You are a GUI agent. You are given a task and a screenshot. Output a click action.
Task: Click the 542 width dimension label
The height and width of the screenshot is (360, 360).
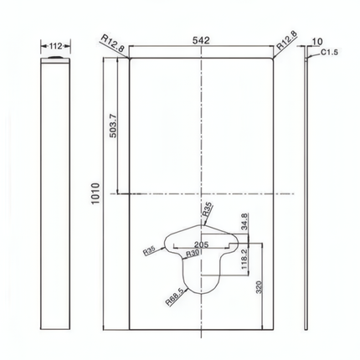(x=201, y=40)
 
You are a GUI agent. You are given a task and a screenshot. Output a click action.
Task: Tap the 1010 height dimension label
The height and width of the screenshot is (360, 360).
(x=95, y=193)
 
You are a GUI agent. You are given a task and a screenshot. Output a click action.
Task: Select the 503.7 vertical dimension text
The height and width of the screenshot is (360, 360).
(x=113, y=126)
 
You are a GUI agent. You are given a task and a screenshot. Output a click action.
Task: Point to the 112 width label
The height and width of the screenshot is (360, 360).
(x=55, y=46)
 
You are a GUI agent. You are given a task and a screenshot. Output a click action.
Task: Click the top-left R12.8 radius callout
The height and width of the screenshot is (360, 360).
(x=112, y=43)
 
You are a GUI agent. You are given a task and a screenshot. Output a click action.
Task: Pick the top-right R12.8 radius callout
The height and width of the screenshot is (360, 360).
(x=287, y=40)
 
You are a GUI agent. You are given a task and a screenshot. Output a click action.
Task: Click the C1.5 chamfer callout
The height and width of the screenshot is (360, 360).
(x=329, y=52)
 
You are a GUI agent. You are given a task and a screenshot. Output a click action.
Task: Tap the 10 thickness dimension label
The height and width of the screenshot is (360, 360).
(x=317, y=42)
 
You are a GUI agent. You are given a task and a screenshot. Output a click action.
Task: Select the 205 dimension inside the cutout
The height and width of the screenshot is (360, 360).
(x=201, y=244)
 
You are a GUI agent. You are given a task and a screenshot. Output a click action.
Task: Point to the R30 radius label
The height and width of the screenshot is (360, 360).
(x=193, y=254)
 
